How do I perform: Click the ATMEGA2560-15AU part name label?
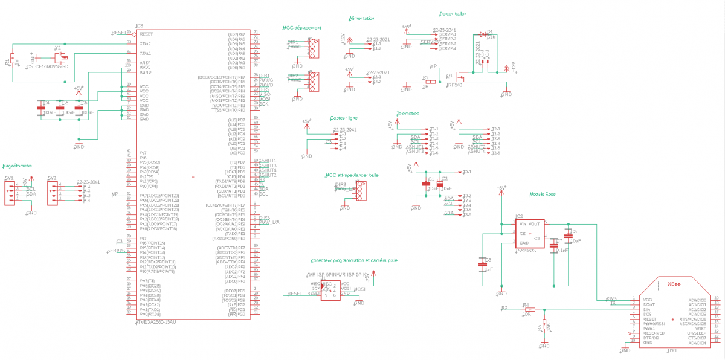point(156,322)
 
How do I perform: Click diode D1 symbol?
point(483,35)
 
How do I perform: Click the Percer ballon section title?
point(453,13)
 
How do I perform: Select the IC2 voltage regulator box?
point(530,234)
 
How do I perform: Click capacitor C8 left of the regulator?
point(483,264)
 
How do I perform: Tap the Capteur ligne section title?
point(344,118)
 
